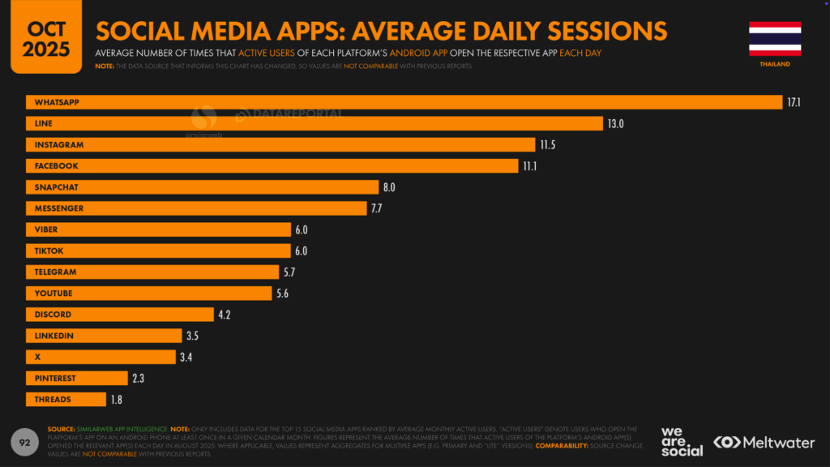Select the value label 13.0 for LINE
click(615, 124)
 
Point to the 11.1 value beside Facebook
click(529, 166)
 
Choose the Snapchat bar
click(202, 187)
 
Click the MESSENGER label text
click(59, 208)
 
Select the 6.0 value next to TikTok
click(301, 251)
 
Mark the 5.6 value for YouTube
click(282, 293)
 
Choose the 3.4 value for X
click(186, 358)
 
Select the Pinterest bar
click(77, 379)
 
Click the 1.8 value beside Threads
click(116, 400)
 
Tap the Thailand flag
click(774, 38)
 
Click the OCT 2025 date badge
click(46, 36)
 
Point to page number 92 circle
click(24, 442)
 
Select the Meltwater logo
click(764, 443)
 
